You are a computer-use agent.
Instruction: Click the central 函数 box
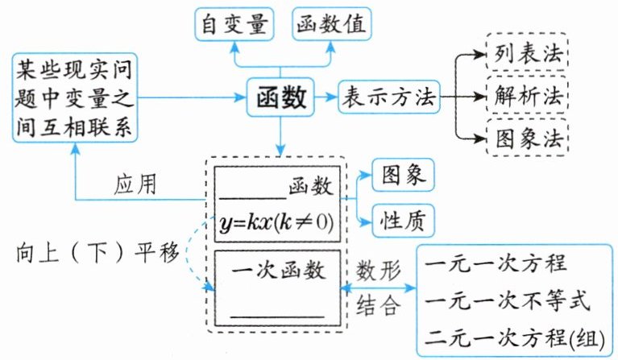tap(280, 98)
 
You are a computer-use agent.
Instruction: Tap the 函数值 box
tap(331, 24)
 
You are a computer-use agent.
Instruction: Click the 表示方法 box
tap(388, 98)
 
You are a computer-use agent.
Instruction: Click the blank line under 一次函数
tap(276, 312)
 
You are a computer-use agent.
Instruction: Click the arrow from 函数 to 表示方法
tap(326, 98)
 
